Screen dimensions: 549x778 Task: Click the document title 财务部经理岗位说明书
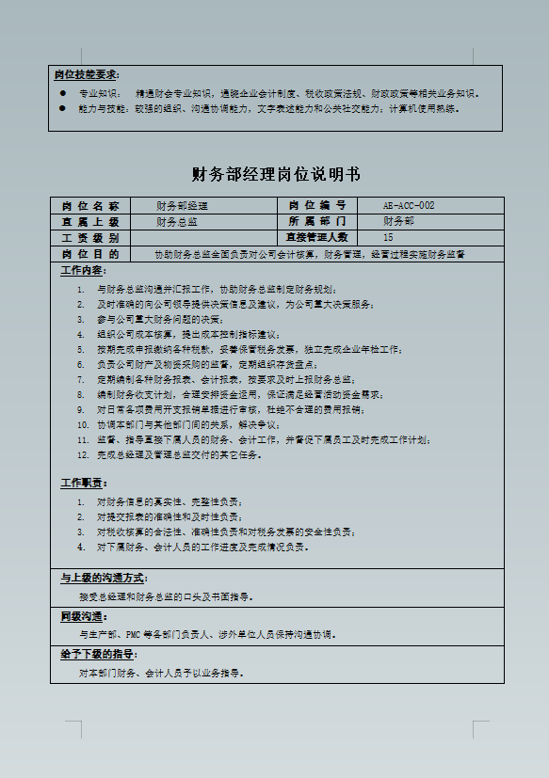(x=275, y=175)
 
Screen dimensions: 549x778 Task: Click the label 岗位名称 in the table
(x=90, y=205)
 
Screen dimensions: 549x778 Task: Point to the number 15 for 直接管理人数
(x=388, y=237)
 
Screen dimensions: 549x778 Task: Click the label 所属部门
(x=315, y=221)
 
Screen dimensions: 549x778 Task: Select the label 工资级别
(x=90, y=237)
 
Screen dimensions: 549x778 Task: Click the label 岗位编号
(x=315, y=205)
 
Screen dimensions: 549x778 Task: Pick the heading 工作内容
(x=84, y=271)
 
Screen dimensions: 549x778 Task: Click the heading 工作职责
(x=84, y=483)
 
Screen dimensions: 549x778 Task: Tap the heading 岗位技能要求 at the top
(x=87, y=73)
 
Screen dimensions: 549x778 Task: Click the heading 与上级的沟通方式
(x=104, y=578)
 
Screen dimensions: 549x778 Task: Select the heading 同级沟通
(x=82, y=616)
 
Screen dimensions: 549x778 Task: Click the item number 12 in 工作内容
(x=82, y=455)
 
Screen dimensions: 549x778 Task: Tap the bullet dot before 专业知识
(x=62, y=93)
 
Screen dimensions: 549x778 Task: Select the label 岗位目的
(x=90, y=254)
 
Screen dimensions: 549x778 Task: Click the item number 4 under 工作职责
(x=82, y=547)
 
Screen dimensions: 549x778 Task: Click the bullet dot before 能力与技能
(x=62, y=108)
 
